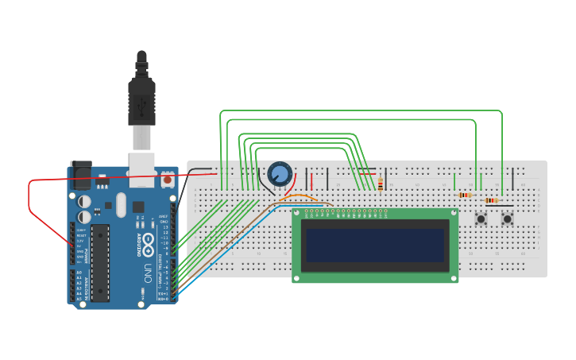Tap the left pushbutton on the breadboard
point(481,219)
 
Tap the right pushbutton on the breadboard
point(507,219)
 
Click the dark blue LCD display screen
point(375,245)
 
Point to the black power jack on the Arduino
point(81,175)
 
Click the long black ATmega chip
point(100,262)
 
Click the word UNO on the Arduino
point(148,274)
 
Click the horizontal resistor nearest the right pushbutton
point(492,200)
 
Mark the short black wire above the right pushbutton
point(513,178)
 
